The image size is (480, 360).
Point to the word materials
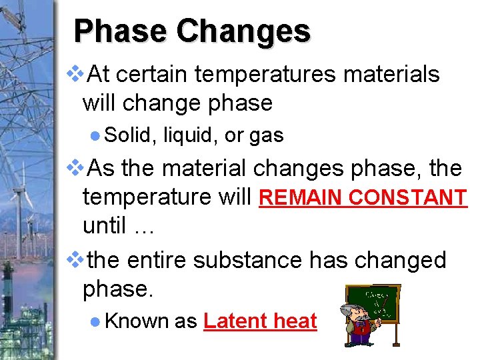391,75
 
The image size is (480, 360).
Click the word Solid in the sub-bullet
129,135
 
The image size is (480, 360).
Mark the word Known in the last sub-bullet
137,321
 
